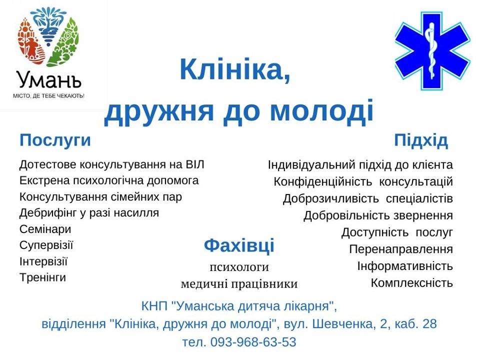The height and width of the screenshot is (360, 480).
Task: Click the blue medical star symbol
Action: coord(432,51)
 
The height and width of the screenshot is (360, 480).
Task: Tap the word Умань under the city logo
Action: coord(49,80)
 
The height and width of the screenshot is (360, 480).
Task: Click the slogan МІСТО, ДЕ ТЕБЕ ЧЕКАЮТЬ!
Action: coord(48,96)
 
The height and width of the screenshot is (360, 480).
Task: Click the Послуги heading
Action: coord(55,141)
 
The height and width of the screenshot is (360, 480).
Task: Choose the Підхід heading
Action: coord(421,141)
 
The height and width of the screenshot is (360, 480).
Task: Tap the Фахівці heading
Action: coord(239,246)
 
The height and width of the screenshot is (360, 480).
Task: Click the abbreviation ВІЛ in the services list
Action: coord(194,164)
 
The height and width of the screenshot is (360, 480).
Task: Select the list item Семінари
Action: coord(45,229)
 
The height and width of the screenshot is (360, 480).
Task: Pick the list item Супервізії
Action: coord(46,245)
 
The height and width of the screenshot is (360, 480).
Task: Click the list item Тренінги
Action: coord(43,277)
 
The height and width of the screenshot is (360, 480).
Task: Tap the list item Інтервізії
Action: coord(43,261)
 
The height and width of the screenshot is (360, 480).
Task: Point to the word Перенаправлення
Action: coord(401,249)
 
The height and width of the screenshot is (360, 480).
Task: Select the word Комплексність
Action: coord(411,283)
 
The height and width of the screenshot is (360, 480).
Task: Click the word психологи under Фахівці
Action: coord(239,267)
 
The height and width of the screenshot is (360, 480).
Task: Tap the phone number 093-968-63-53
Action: coord(253,342)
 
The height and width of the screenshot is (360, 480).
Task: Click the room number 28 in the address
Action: coord(429,324)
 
